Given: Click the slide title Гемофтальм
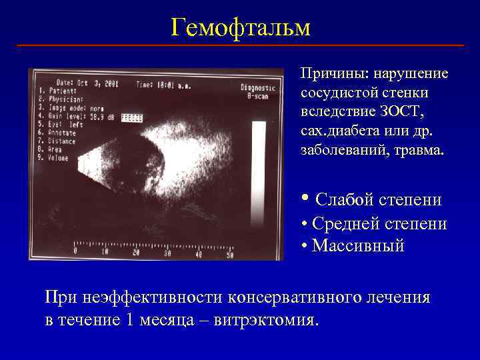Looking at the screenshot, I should coord(240,27).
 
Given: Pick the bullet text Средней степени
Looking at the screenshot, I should coord(379,224).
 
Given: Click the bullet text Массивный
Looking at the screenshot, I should coord(358,246).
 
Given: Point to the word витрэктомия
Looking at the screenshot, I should coord(267,319).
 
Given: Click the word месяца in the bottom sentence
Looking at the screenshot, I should coord(172,319).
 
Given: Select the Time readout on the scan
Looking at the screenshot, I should coord(163,84).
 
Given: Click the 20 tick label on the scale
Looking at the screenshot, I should coord(137,253).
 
